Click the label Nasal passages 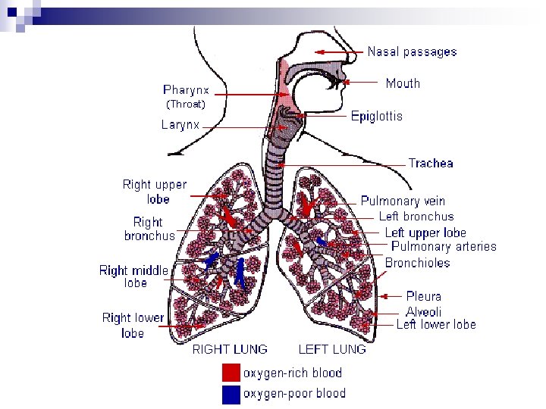[x=412, y=52]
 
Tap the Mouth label [x=402, y=83]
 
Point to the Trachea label [x=431, y=163]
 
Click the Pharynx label [x=186, y=89]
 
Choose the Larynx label [x=180, y=125]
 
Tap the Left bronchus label [x=416, y=217]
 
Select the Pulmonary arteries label [x=444, y=246]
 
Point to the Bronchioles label [x=417, y=263]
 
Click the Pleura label [x=423, y=296]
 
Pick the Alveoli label [x=423, y=311]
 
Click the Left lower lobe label [x=436, y=324]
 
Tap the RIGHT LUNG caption [x=230, y=349]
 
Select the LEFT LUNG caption [x=332, y=349]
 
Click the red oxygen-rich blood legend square [x=231, y=373]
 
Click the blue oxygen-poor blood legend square [x=231, y=394]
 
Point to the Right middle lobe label [x=134, y=276]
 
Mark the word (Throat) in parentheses [x=186, y=104]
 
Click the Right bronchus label [x=149, y=229]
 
